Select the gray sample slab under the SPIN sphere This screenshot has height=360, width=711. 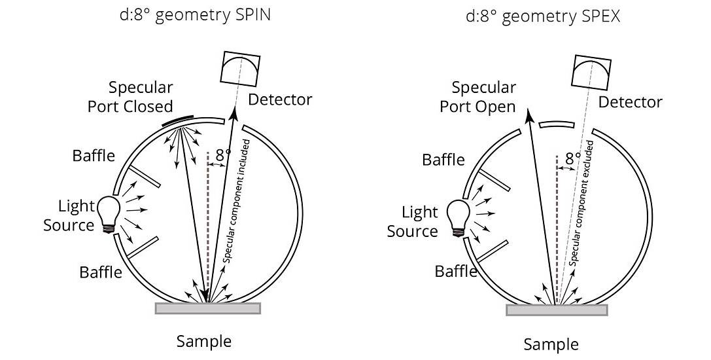click(x=207, y=308)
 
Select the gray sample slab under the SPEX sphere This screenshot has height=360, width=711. click(x=558, y=310)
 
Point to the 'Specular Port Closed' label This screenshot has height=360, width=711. click(x=131, y=97)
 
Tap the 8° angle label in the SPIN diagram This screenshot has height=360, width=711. click(x=223, y=156)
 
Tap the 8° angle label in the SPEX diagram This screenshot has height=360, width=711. click(x=573, y=158)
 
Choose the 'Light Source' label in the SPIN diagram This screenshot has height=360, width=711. click(x=69, y=216)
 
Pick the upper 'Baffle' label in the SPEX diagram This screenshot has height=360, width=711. click(x=443, y=159)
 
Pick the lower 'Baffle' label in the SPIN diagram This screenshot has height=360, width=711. click(x=101, y=271)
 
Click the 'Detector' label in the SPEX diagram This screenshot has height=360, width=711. click(x=630, y=102)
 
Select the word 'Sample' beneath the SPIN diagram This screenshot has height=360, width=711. click(x=203, y=341)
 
